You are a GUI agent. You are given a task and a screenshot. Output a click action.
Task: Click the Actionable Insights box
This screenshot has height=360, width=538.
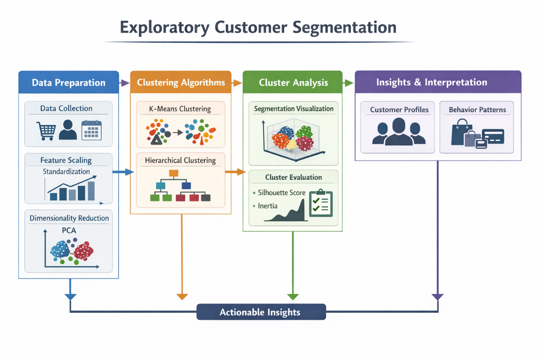[x=261, y=312]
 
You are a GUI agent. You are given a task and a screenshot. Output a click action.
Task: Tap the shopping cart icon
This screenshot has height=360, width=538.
[x=46, y=130]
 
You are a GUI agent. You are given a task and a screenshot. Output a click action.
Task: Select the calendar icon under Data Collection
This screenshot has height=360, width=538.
[x=91, y=130]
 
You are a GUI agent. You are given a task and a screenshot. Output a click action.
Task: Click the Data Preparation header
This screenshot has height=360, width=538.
[x=69, y=83]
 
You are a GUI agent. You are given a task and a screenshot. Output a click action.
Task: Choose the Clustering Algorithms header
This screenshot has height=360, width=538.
[x=181, y=83]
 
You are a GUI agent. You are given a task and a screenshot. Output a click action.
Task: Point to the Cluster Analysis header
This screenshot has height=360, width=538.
[x=293, y=83]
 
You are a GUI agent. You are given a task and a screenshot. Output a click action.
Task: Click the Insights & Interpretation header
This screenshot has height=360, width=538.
[x=431, y=82]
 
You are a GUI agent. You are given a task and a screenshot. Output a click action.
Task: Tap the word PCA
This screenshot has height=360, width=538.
[x=69, y=230]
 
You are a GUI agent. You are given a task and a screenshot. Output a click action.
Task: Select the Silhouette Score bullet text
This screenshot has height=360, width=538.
[x=281, y=193]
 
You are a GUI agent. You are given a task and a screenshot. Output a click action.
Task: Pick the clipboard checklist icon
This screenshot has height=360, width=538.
[x=321, y=203]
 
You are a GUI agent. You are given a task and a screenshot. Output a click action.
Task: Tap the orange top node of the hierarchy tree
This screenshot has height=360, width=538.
[x=173, y=173]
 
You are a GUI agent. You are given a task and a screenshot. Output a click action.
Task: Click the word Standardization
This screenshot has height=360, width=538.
[x=66, y=172]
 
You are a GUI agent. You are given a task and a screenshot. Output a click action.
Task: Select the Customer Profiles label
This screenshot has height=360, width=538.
[x=399, y=110]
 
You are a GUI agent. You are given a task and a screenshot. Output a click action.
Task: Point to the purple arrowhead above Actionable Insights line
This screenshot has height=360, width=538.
[x=437, y=297]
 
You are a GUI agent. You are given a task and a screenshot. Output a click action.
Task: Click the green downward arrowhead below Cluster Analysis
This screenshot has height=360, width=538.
[x=293, y=296]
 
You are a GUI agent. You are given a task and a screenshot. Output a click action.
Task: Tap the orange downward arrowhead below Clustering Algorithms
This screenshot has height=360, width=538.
[x=182, y=296]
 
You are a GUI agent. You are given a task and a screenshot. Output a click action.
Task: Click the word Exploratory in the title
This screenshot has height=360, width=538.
[x=155, y=28]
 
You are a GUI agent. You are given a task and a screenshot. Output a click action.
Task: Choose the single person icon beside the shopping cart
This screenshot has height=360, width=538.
[x=68, y=130]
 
